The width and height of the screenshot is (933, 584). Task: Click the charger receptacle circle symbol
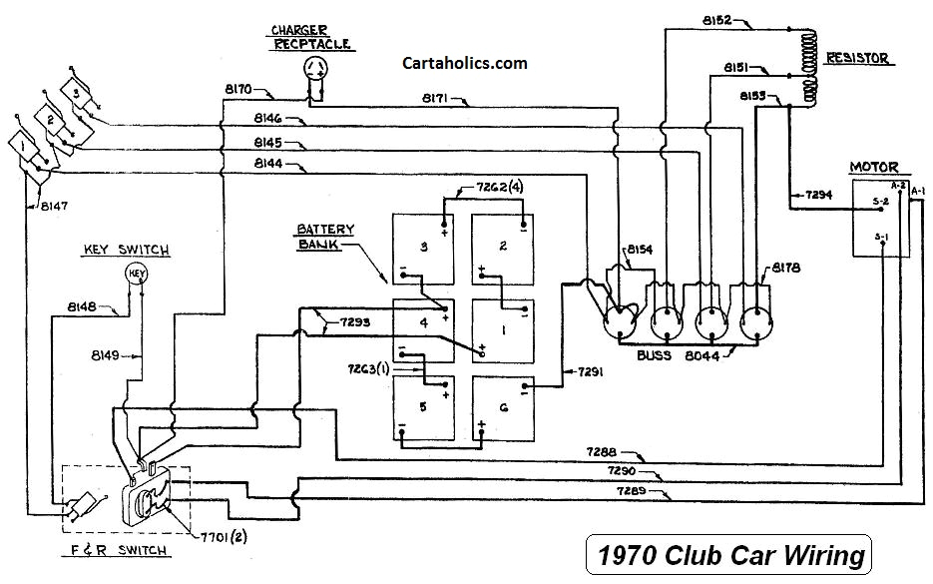[317, 69]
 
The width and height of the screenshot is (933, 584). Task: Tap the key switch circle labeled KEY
[137, 274]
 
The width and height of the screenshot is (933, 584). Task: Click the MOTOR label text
[873, 167]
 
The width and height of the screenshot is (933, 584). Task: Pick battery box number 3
[422, 249]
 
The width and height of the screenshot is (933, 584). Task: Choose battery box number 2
[502, 249]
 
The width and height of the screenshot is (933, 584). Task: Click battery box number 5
[422, 409]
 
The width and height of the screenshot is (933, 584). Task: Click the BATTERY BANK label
[318, 236]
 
